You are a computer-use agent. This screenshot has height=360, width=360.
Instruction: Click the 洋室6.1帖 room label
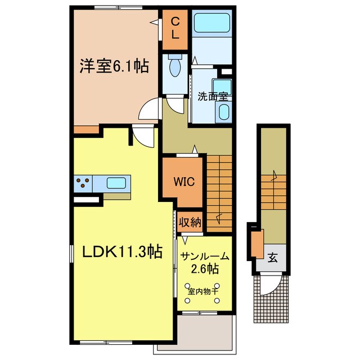pyautogui.click(x=114, y=66)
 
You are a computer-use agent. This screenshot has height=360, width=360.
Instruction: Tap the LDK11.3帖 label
pyautogui.click(x=123, y=252)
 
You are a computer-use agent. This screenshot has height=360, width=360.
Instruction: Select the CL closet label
pyautogui.click(x=175, y=29)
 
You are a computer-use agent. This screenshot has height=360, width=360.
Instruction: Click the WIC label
pyautogui.click(x=184, y=182)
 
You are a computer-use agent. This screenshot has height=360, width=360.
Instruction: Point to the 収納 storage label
pyautogui.click(x=190, y=222)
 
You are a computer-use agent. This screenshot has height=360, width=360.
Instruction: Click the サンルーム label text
pyautogui.click(x=205, y=256)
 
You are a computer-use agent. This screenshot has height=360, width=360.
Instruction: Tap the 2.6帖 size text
pyautogui.click(x=205, y=269)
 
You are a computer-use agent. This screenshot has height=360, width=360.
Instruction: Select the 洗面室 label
pyautogui.click(x=213, y=97)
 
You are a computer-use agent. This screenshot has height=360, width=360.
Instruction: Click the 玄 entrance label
pyautogui.click(x=272, y=258)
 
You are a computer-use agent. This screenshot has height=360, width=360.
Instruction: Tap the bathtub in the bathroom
pyautogui.click(x=212, y=23)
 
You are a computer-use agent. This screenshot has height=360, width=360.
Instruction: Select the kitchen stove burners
pyautogui.click(x=83, y=183)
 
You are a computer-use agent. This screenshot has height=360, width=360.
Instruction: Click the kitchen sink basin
pyautogui.click(x=116, y=183)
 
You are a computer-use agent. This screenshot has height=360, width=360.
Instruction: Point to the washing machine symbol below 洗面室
pyautogui.click(x=223, y=112)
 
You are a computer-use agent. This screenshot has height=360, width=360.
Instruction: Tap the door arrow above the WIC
pyautogui.click(x=195, y=149)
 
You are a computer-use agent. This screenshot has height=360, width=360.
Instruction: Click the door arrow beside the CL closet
pyautogui.click(x=154, y=22)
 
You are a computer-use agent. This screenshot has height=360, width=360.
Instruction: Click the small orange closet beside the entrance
pyautogui.click(x=257, y=244)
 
